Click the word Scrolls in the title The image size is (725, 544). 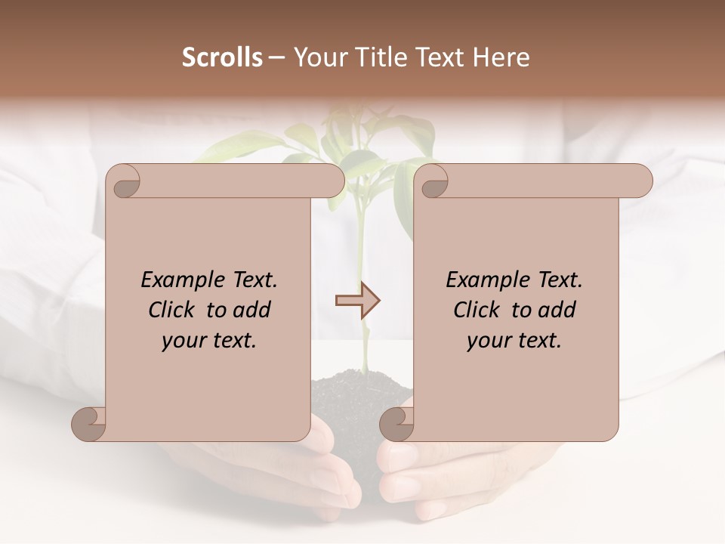pyautogui.click(x=222, y=57)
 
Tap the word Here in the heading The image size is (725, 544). pyautogui.click(x=501, y=57)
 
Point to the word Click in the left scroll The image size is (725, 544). pyautogui.click(x=174, y=310)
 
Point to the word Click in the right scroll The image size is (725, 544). pyautogui.click(x=479, y=310)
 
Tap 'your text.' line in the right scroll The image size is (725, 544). pyautogui.click(x=514, y=341)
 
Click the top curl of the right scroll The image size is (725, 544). pyautogui.click(x=433, y=181)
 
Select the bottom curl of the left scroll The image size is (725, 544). pyautogui.click(x=89, y=423)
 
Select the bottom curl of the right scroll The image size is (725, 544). pyautogui.click(x=397, y=423)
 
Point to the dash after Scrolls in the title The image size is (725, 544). pyautogui.click(x=277, y=58)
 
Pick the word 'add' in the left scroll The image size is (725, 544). pyautogui.click(x=252, y=310)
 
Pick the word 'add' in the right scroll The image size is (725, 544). pyautogui.click(x=557, y=310)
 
